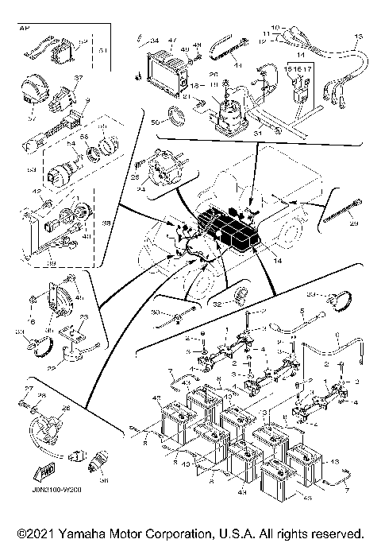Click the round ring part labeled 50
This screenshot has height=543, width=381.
(x=178, y=120)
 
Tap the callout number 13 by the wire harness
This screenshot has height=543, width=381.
(x=356, y=37)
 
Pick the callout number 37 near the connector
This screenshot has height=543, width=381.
(x=78, y=78)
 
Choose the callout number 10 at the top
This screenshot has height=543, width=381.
(x=275, y=28)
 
